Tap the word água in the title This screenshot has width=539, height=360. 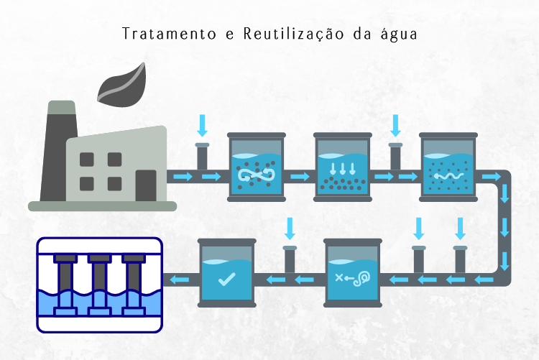pos(398,34)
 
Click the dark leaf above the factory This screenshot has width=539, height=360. pos(120,86)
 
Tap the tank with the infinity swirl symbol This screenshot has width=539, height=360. pos(256,167)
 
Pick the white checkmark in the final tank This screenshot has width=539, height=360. pos(226,278)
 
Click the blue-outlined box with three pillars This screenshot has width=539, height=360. pos(100,285)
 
